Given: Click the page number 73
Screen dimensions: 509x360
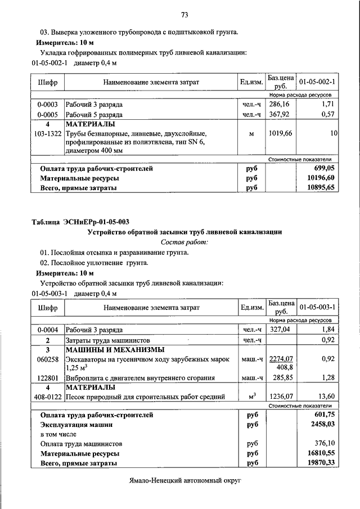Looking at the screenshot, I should tap(184, 15).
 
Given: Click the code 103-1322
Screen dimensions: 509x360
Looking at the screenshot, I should tap(47, 134).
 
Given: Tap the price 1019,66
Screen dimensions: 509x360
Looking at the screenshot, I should tap(280, 134).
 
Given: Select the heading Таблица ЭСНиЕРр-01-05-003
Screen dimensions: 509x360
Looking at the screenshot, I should tap(83, 222).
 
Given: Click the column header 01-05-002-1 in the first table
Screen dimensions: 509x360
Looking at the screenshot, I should tap(317, 82).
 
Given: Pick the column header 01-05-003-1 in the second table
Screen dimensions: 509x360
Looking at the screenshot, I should tap(317, 307).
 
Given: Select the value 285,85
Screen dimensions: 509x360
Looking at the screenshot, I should tap(280, 378).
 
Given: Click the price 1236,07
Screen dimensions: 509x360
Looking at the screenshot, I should tap(280, 397).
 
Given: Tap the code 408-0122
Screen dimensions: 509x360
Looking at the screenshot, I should tap(47, 397).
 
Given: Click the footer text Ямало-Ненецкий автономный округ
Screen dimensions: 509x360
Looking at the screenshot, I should tap(184, 483).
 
